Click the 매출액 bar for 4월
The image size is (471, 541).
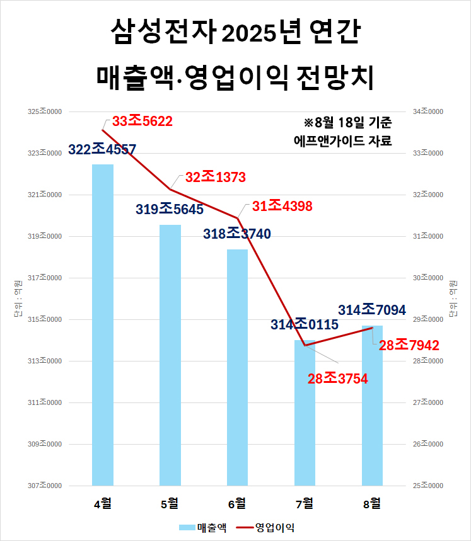tap(103, 324)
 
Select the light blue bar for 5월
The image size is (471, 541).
tap(170, 355)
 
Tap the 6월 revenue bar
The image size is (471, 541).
tap(237, 367)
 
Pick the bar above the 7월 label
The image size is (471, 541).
tap(305, 413)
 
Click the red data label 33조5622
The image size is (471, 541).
tap(142, 121)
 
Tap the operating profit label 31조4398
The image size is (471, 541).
tap(282, 206)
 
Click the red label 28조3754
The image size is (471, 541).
tap(337, 379)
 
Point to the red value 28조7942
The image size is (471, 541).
tap(409, 345)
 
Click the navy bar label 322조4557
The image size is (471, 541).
tap(102, 150)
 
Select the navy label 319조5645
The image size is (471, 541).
tap(170, 209)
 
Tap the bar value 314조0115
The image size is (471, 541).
tap(305, 325)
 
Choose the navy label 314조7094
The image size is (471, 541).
tap(371, 310)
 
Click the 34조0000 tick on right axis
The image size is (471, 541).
tap(428, 111)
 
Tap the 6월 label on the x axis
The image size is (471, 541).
tap(237, 503)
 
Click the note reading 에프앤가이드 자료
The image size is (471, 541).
tap(344, 140)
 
